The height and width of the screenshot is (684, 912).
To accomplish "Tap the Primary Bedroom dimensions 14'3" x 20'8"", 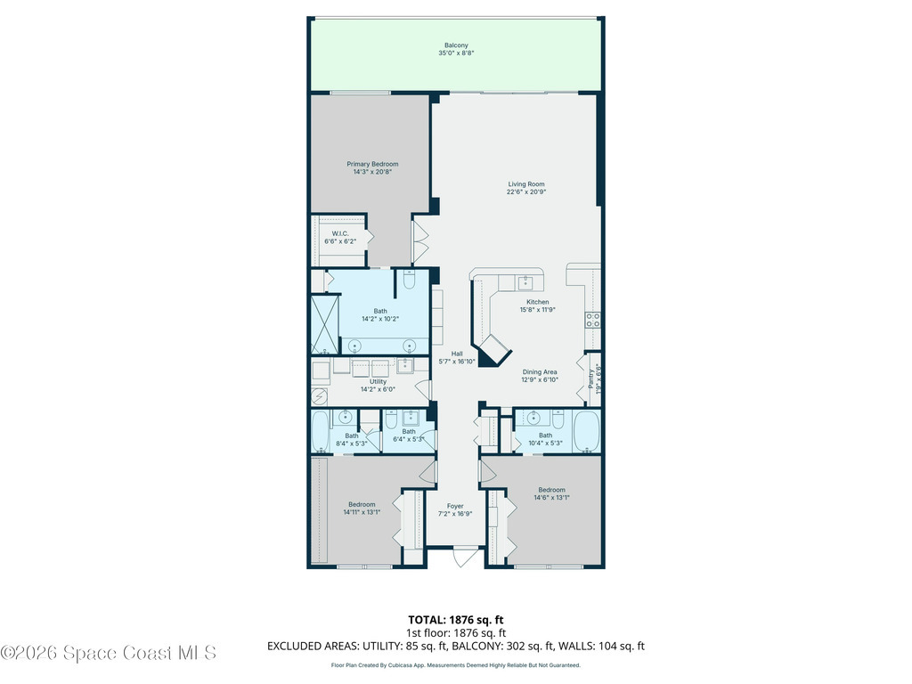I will (x=372, y=172).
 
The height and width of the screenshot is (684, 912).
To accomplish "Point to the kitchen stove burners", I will (x=592, y=320).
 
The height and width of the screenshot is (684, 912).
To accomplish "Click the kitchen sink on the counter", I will (x=525, y=282).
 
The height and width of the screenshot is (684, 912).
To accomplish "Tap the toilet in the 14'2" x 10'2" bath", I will (x=409, y=281).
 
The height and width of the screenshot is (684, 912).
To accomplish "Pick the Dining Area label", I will (x=539, y=372).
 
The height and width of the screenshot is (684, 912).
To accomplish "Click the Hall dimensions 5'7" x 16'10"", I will (x=456, y=362).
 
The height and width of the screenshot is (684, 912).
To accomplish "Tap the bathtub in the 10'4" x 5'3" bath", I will (x=587, y=433).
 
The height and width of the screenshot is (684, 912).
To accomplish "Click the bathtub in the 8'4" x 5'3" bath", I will (x=320, y=433).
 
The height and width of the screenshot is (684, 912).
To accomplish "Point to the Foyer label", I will (x=455, y=506).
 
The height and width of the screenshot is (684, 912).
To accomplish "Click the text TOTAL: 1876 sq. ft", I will (x=455, y=620).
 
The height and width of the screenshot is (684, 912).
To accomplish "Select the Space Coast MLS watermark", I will (x=109, y=653).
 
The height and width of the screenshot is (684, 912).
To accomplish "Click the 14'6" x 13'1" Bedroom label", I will (x=551, y=490).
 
